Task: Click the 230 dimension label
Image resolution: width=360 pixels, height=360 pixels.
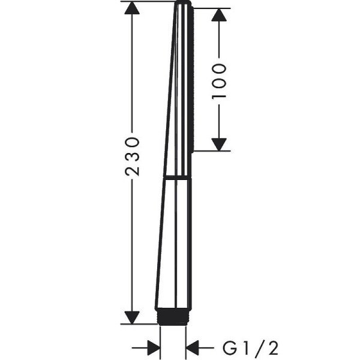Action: pyautogui.click(x=132, y=157)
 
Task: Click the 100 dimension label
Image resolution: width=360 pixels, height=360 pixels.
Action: pyautogui.click(x=219, y=81)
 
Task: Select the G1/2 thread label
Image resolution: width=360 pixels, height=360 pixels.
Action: pyautogui.click(x=251, y=348)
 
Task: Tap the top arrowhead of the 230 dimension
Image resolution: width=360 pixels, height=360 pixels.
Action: pyautogui.click(x=132, y=8)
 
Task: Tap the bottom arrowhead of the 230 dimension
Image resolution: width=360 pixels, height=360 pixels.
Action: pyautogui.click(x=132, y=317)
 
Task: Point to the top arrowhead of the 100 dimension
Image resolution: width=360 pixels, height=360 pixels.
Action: pyautogui.click(x=219, y=15)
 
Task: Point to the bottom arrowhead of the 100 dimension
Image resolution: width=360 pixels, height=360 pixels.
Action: pyautogui.click(x=219, y=145)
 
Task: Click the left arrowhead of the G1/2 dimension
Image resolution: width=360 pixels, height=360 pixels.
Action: pyautogui.click(x=154, y=348)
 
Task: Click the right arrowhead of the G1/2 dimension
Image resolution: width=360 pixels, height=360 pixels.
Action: pyautogui.click(x=193, y=348)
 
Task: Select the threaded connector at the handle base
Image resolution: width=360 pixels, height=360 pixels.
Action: pyautogui.click(x=173, y=317)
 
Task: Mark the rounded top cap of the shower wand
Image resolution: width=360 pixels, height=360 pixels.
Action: pyautogui.click(x=183, y=3)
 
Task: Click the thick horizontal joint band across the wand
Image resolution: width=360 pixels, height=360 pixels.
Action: pyautogui.click(x=177, y=178)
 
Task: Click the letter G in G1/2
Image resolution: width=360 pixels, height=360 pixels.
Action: pyautogui.click(x=230, y=348)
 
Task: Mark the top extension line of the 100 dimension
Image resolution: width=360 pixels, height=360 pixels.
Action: pyautogui.click(x=212, y=8)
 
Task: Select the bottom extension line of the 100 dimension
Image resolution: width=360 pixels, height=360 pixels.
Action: pyautogui.click(x=212, y=151)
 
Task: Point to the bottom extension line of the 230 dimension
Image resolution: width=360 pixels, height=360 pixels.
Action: pyautogui.click(x=139, y=324)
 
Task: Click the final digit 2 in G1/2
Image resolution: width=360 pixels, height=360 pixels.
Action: pyautogui.click(x=273, y=348)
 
